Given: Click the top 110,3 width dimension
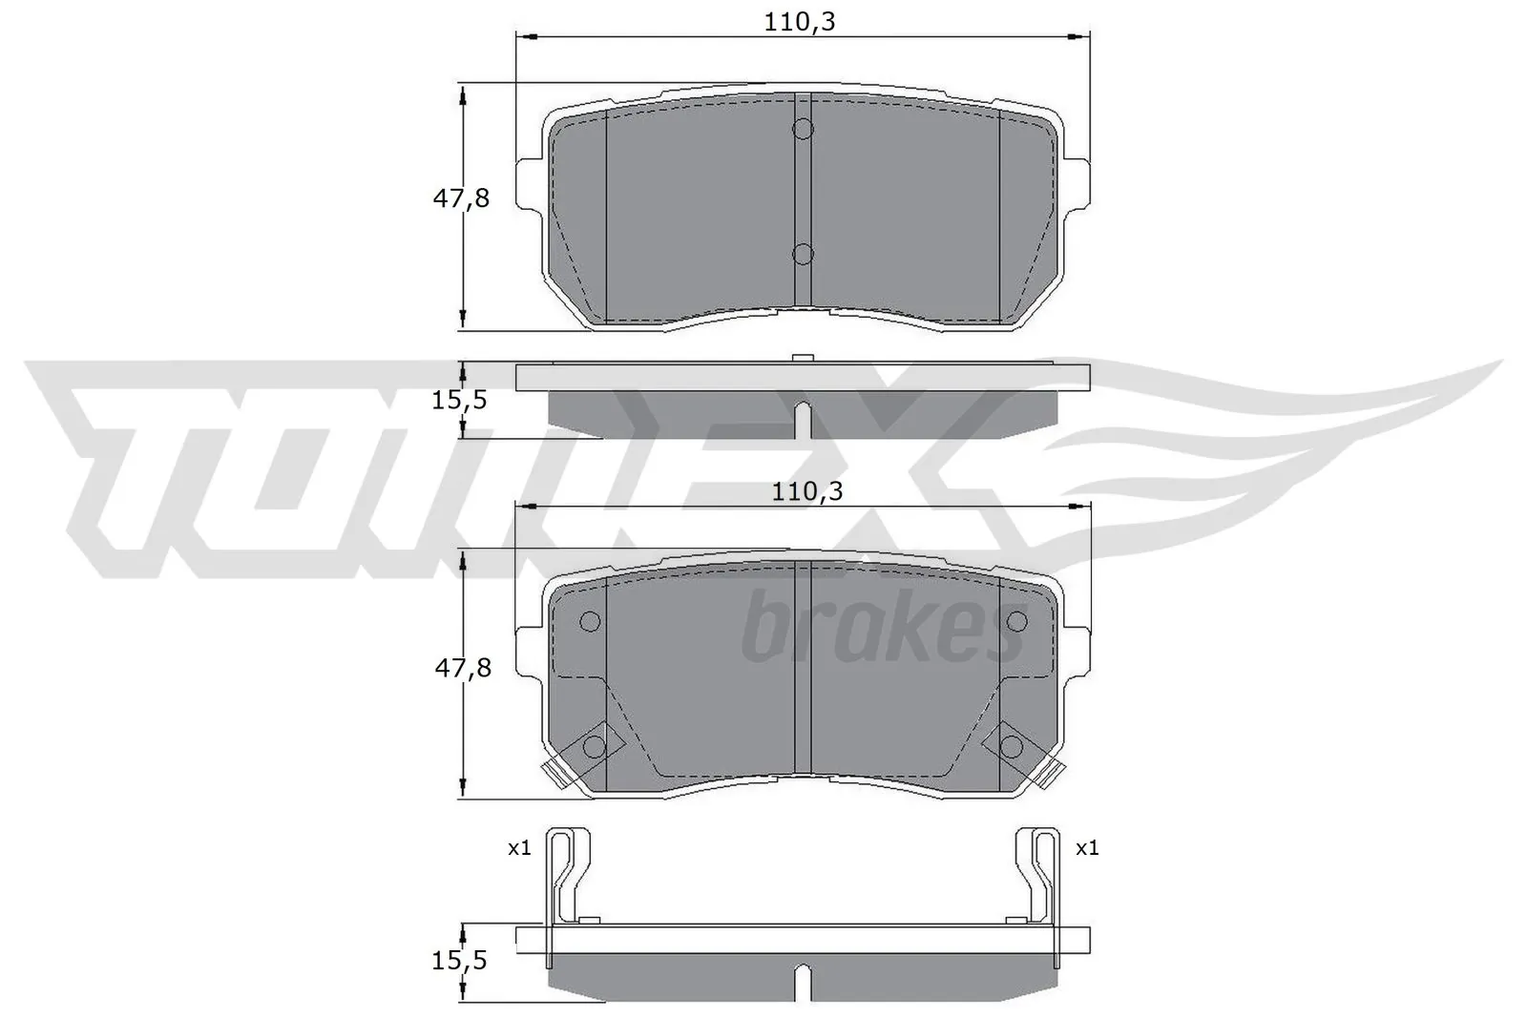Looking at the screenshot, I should (799, 21).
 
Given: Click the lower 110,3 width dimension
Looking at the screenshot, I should (807, 491).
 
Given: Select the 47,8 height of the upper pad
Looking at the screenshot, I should (461, 199).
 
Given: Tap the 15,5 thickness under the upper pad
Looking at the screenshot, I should (459, 400).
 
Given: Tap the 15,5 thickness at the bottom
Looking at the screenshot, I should (459, 961).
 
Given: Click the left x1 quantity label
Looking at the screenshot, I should (519, 847).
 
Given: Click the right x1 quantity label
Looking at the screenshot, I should (1087, 847).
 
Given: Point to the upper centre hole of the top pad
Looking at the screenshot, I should (803, 128).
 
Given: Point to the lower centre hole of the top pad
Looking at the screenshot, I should (803, 254).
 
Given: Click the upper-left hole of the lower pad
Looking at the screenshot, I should (590, 622).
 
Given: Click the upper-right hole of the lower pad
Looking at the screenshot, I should (1017, 622).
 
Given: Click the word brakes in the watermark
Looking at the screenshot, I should (883, 630).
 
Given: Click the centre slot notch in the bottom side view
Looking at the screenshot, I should (803, 980).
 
